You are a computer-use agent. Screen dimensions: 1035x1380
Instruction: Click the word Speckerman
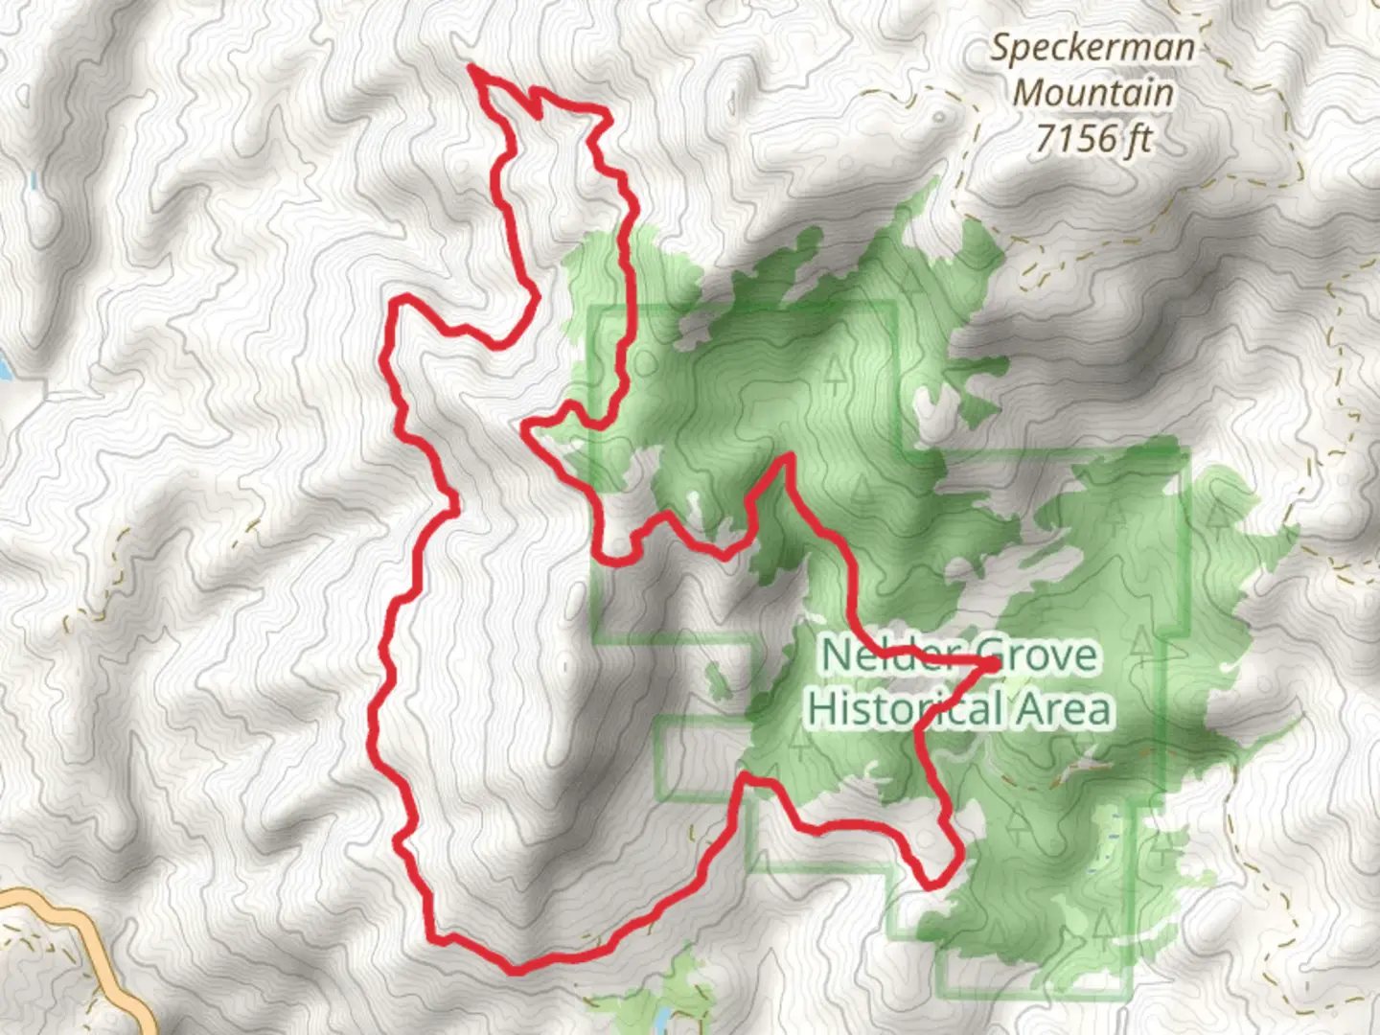[x=1092, y=48]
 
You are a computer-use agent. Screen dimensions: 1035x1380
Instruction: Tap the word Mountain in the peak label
[x=1092, y=93]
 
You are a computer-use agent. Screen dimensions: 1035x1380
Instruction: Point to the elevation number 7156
[x=1074, y=140]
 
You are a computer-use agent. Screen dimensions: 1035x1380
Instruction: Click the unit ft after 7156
[x=1139, y=140]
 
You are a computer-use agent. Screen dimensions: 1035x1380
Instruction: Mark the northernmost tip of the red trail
[x=471, y=67]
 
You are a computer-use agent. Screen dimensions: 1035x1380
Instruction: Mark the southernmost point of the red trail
[x=517, y=970]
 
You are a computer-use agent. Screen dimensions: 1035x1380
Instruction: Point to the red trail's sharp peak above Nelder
[x=788, y=460]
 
